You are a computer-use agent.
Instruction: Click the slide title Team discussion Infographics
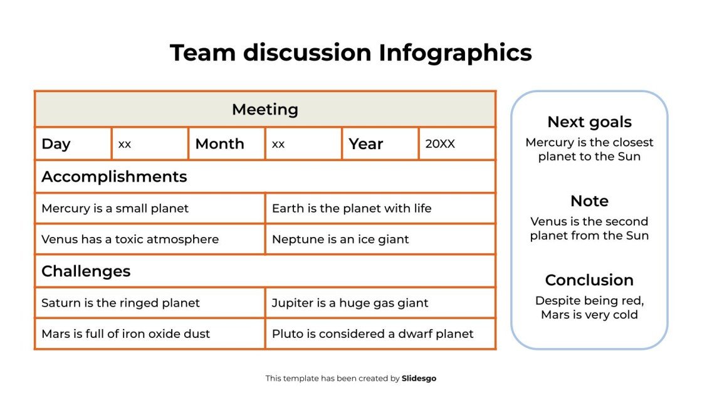pyautogui.click(x=350, y=53)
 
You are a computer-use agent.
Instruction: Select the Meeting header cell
pyautogui.click(x=265, y=110)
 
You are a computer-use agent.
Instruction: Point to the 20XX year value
pyautogui.click(x=440, y=144)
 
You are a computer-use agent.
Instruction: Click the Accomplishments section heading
pyautogui.click(x=114, y=177)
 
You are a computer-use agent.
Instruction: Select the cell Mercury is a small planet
pyautogui.click(x=115, y=208)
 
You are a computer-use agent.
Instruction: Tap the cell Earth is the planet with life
pyautogui.click(x=352, y=208)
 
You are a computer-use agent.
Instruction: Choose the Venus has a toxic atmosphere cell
pyautogui.click(x=130, y=240)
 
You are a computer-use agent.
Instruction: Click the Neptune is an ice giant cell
pyautogui.click(x=340, y=240)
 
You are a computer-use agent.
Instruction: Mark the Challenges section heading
pyautogui.click(x=86, y=271)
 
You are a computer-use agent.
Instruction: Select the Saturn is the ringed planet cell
pyautogui.click(x=120, y=303)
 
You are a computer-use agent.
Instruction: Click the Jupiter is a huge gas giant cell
pyautogui.click(x=350, y=303)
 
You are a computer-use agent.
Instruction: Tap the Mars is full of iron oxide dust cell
pyautogui.click(x=125, y=334)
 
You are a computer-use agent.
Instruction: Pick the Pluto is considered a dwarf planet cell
pyautogui.click(x=372, y=334)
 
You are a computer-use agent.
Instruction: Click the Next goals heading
pyautogui.click(x=589, y=122)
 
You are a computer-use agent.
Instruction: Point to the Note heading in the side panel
pyautogui.click(x=589, y=201)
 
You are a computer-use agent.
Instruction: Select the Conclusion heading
pyautogui.click(x=589, y=280)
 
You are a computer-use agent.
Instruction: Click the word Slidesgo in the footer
pyautogui.click(x=419, y=378)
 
